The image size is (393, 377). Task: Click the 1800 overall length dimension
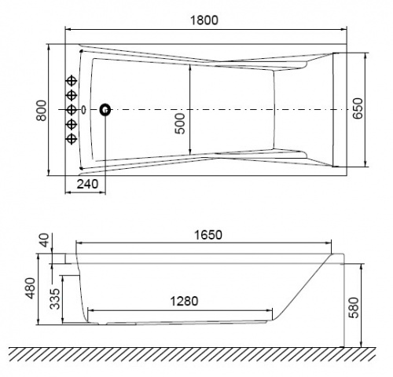pyautogui.click(x=204, y=20)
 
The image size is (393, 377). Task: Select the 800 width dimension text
pyautogui.click(x=42, y=110)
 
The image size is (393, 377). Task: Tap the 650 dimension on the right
pyautogui.click(x=358, y=108)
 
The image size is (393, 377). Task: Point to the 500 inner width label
pyautogui.click(x=180, y=123)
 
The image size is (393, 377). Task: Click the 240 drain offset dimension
pyautogui.click(x=87, y=184)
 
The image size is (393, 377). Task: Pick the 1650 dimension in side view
pyautogui.click(x=208, y=235)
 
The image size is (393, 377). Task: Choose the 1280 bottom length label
pyautogui.click(x=184, y=301)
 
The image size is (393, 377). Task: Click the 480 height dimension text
pyautogui.click(x=31, y=288)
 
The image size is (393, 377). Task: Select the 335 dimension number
pyautogui.click(x=55, y=298)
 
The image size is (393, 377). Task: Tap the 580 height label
pyautogui.click(x=354, y=308)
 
